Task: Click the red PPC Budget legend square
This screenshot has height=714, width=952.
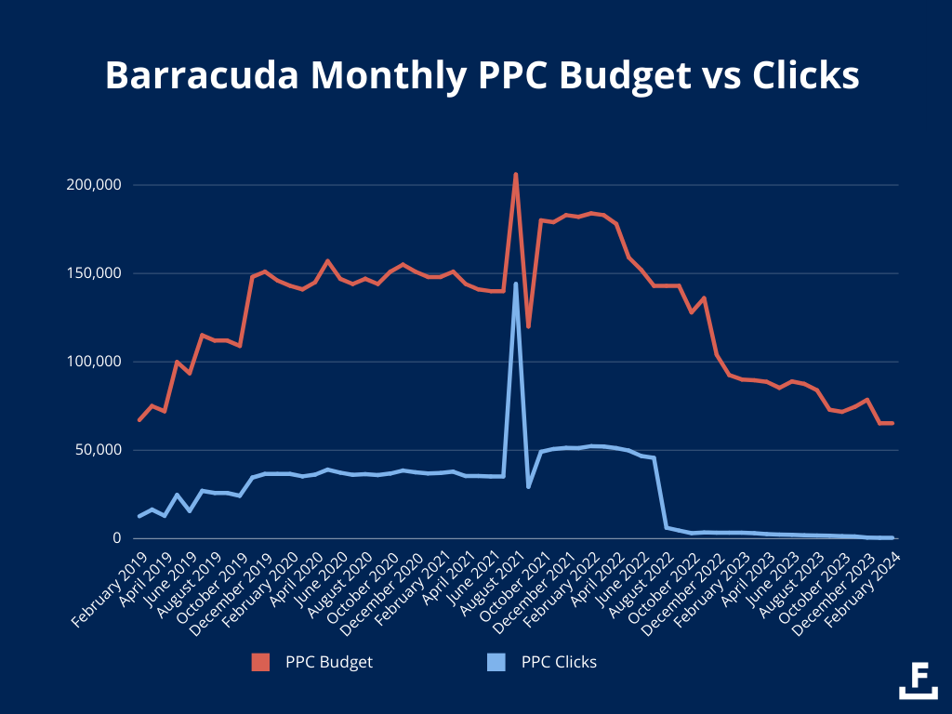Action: click(261, 662)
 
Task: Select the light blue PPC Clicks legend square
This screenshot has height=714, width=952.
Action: click(496, 662)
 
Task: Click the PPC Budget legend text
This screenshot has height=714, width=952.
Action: click(330, 662)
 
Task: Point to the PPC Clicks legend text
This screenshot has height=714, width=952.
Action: click(559, 662)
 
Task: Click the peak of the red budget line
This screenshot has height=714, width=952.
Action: click(516, 175)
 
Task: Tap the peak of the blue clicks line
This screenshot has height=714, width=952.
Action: click(516, 284)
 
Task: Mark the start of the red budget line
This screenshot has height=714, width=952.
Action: click(139, 420)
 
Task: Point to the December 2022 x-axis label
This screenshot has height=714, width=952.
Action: click(684, 585)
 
